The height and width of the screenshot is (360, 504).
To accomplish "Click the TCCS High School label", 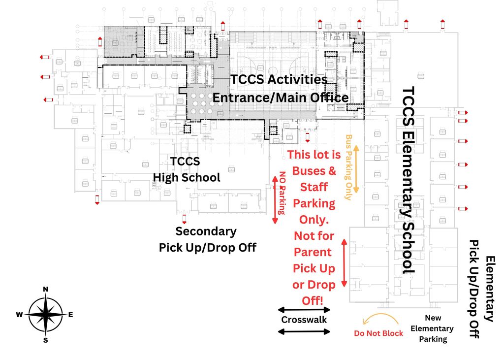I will (x=186, y=169).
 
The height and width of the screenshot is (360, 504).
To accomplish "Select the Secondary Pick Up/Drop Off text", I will (x=207, y=239).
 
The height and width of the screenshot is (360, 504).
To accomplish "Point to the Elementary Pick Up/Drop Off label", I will (x=482, y=289).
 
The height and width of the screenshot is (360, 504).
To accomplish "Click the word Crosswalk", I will (x=304, y=320).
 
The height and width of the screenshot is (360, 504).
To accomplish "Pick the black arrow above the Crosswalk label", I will (x=304, y=310).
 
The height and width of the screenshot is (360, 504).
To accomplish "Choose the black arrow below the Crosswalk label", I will (x=304, y=331).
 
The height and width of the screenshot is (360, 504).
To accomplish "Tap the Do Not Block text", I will (x=378, y=333).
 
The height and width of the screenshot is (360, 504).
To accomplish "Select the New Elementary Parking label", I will (x=433, y=328).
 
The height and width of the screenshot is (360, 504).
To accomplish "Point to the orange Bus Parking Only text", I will (x=349, y=167).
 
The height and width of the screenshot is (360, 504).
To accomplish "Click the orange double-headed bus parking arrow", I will (x=356, y=168).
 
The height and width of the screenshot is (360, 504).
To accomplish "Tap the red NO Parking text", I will (x=282, y=193).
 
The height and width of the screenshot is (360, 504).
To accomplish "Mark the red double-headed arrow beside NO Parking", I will (x=275, y=200).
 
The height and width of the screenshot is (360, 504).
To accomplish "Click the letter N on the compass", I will (x=46, y=289).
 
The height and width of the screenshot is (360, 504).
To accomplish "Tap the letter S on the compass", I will (x=46, y=340).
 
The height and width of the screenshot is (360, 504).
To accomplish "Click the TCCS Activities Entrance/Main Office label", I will (x=280, y=89).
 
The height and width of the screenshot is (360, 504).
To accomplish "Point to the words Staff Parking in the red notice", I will (x=314, y=195).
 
